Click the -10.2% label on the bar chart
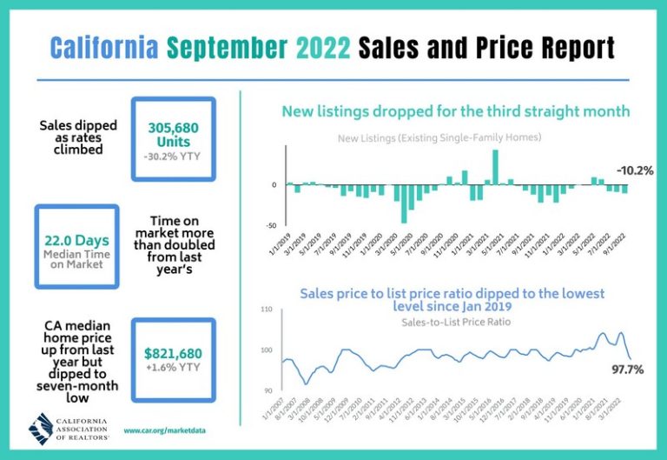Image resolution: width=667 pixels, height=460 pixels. point(634,170)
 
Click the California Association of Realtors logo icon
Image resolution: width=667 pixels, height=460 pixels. point(43,427)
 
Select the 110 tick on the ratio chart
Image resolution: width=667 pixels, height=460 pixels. point(267,310)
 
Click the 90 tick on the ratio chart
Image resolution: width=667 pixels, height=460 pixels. point(267,390)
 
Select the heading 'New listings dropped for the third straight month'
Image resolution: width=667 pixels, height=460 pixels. point(455,111)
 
